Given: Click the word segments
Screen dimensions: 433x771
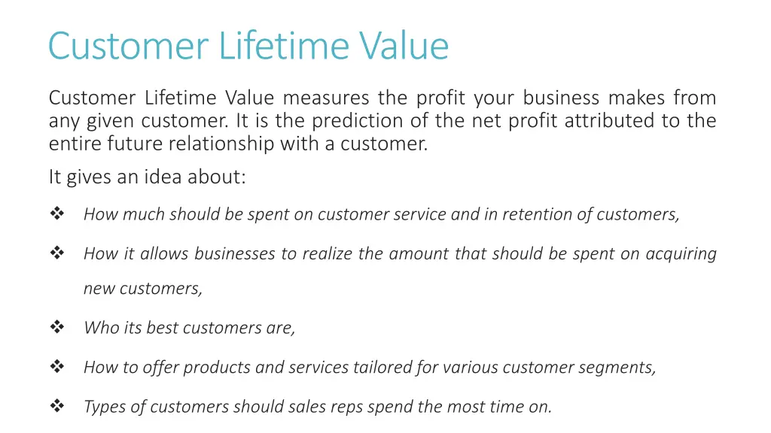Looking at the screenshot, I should click(623, 368).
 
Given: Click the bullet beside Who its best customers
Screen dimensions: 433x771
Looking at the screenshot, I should click(57, 327).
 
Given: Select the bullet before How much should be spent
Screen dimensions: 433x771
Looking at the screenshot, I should click(57, 213).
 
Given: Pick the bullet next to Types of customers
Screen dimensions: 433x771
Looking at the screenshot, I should click(57, 406).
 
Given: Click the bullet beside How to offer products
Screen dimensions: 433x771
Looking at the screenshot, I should click(57, 367).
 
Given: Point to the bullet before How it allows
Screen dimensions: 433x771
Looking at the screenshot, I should click(57, 253).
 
